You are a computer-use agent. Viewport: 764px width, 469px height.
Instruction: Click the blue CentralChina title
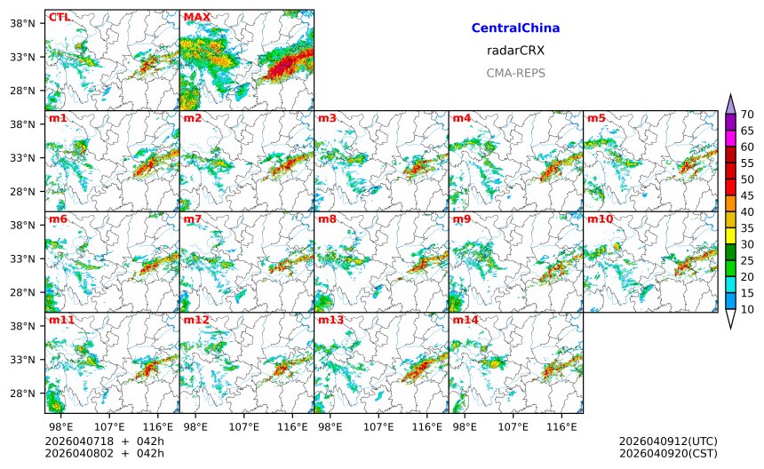coord(515,28)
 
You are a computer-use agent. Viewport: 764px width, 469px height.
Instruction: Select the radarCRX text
coord(515,51)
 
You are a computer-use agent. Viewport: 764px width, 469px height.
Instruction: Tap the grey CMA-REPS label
coord(515,73)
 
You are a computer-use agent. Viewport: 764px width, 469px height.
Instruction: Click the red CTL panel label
coord(60,17)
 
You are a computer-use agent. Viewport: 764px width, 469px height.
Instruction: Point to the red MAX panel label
coord(197,17)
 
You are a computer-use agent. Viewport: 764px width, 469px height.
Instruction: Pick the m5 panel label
coord(596,118)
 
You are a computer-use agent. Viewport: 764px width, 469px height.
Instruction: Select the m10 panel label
coord(599,219)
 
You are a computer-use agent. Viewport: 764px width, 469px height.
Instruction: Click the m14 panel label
coord(465,320)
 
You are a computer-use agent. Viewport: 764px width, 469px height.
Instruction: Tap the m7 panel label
coord(194,219)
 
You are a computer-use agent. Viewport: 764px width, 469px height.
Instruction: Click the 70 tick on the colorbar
coord(747,114)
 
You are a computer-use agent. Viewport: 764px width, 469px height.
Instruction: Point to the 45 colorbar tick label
coord(747,195)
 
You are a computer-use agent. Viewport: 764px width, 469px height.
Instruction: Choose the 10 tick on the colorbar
coord(747,309)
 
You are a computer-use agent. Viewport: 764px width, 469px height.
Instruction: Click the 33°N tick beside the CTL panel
coord(20,57)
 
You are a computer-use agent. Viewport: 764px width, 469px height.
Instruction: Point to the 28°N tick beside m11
coord(20,393)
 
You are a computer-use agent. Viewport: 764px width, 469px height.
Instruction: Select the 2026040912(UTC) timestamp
coord(667,441)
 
